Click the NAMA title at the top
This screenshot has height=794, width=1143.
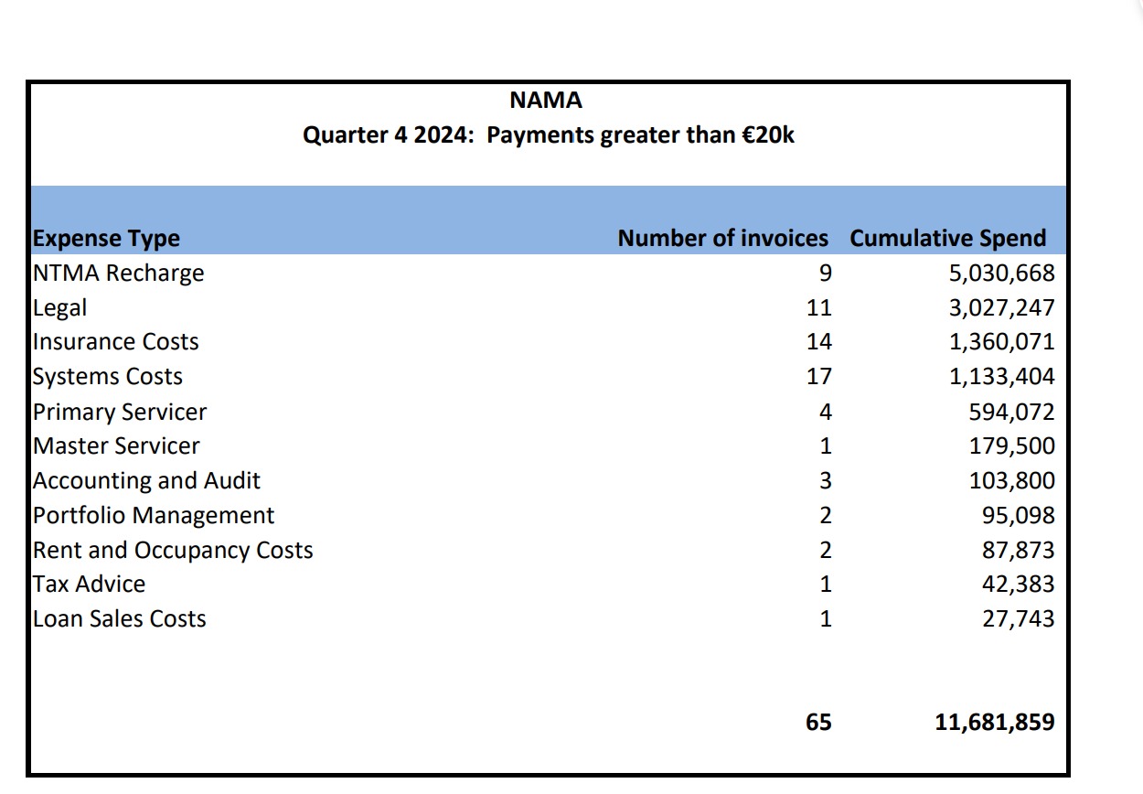[x=546, y=100]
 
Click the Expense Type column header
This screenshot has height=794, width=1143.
[x=106, y=239]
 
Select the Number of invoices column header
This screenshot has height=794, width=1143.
[x=722, y=239]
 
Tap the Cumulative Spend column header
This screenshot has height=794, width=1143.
[x=947, y=239]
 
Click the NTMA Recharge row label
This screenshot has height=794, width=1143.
[x=118, y=274]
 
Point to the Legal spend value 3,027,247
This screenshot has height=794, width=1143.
[x=1001, y=308]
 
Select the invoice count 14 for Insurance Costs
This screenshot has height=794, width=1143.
[x=819, y=342]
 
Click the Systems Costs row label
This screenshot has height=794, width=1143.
[x=107, y=377]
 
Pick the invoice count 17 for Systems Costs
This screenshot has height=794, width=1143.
[x=819, y=377]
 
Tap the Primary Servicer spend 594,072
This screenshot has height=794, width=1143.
[x=1011, y=412]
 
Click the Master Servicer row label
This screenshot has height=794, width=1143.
[x=116, y=446]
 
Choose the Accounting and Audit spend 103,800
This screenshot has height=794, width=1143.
[x=1011, y=481]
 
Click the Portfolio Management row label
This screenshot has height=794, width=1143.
[x=154, y=516]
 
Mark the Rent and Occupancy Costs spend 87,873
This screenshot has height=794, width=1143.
[x=1018, y=551]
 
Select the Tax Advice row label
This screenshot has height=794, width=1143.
[x=89, y=585]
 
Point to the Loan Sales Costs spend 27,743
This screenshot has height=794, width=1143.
[x=1018, y=619]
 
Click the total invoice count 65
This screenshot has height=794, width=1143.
[x=819, y=723]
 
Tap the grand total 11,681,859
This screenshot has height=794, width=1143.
[x=994, y=723]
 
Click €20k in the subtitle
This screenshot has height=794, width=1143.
[x=768, y=135]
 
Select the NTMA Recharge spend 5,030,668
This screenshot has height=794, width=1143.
[x=1001, y=274]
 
